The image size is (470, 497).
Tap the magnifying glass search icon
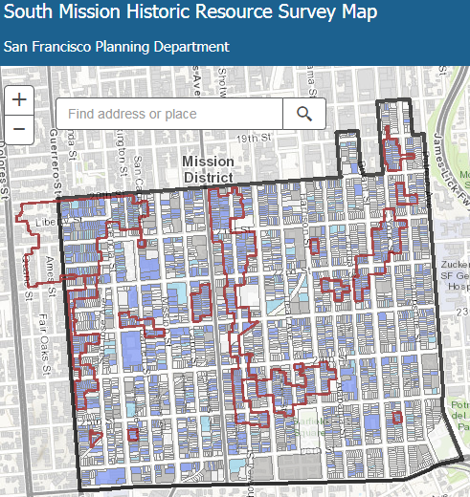pos(304,115)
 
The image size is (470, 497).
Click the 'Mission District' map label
pos(207,169)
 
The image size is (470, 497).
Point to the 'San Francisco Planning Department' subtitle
pos(117,47)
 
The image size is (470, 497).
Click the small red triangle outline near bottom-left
pos(94,439)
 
